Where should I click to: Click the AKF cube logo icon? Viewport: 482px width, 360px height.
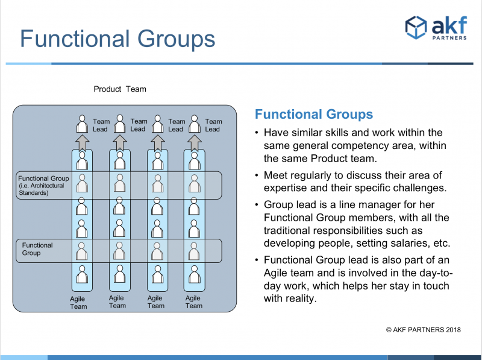click(416, 27)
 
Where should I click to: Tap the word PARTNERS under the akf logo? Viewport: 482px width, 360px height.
click(449, 38)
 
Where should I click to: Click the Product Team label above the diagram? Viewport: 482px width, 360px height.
click(120, 89)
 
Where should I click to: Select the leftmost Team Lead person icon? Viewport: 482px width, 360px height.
click(83, 124)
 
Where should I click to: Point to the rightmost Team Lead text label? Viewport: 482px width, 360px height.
click(213, 125)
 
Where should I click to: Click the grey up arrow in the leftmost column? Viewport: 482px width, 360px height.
click(83, 143)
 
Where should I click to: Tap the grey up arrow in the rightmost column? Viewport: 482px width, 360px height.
click(194, 143)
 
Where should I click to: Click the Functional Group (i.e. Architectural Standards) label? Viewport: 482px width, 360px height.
click(43, 186)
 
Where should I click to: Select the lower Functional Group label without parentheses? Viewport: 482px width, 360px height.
click(37, 249)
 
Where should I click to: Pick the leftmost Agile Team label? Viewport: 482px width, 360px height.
click(78, 303)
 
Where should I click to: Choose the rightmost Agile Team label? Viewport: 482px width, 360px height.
click(193, 302)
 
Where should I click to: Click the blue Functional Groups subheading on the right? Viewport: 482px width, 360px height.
click(314, 114)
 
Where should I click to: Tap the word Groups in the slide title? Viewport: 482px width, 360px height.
click(176, 39)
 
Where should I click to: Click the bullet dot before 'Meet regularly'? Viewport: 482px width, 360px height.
click(257, 175)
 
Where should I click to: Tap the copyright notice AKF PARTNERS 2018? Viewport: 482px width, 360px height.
click(424, 330)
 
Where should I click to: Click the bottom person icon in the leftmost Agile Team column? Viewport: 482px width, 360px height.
click(83, 274)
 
